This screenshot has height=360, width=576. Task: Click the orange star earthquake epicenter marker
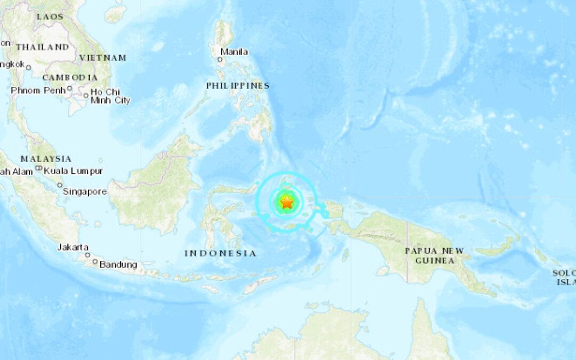pos(287,203)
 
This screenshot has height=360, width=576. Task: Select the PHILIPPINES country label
pos(238,85)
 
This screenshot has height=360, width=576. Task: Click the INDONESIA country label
pos(220,253)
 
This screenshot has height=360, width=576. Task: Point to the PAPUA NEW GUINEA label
pos(434,255)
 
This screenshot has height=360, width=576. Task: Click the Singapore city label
pos(85,191)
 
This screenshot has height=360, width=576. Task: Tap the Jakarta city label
pos(73,247)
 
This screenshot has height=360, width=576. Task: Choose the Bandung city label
pos(118,265)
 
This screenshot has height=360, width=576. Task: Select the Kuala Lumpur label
pos(74,171)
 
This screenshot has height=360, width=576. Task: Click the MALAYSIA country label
pos(46,158)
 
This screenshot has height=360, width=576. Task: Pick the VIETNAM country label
pos(102,58)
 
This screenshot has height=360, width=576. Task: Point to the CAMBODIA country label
pos(70,77)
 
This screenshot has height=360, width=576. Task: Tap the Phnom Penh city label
pos(38,90)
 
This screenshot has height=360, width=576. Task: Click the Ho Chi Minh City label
pos(110,96)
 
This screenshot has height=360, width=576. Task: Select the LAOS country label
pos(50,17)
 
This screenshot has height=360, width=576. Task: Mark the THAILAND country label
pos(43,47)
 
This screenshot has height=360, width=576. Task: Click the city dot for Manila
pos(220,60)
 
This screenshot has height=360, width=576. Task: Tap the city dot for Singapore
pos(60,185)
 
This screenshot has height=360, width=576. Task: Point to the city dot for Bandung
pos(95,262)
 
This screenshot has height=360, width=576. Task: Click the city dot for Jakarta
pos(87,255)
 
